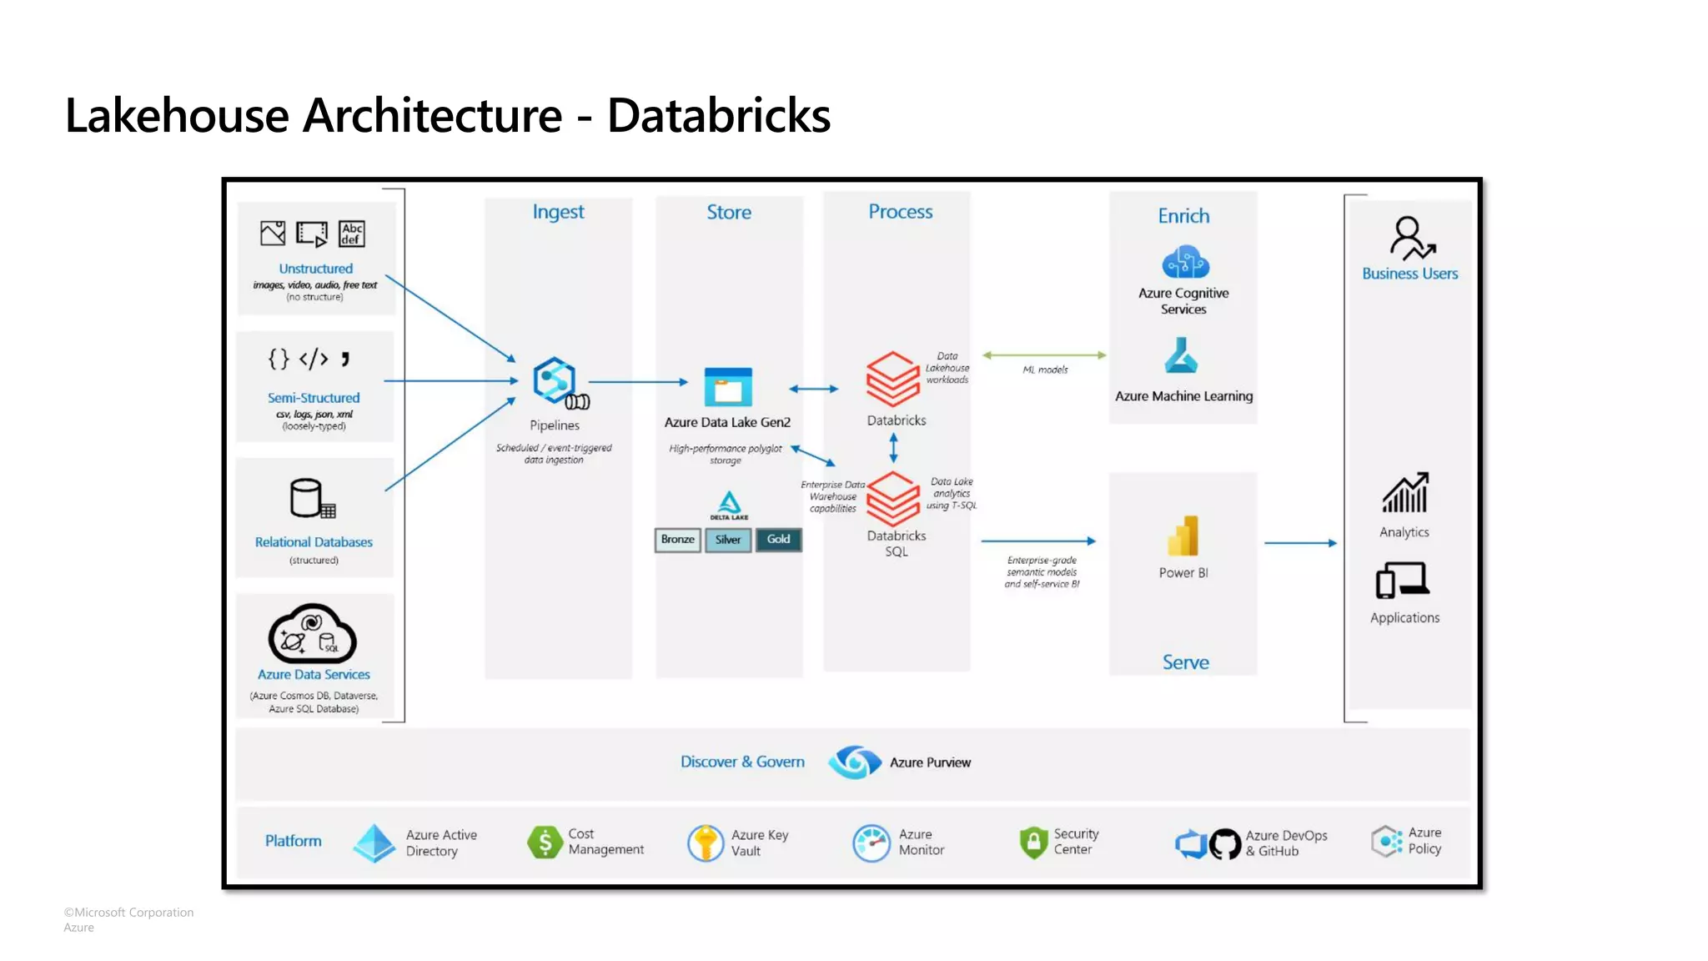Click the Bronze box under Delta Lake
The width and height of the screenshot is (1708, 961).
[677, 540]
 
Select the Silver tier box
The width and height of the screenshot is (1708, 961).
[727, 540]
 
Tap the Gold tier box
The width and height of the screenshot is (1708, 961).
[778, 540]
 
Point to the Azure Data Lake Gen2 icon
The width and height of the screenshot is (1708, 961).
[728, 387]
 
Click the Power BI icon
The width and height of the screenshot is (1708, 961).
[1183, 536]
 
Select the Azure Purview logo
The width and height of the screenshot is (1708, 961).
[854, 762]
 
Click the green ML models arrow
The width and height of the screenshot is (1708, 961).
[1044, 355]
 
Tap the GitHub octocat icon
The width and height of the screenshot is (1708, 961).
[1225, 844]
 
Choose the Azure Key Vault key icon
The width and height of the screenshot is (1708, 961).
[706, 843]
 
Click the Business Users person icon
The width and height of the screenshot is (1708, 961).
[1410, 238]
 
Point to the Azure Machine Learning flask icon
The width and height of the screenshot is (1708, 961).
[1182, 356]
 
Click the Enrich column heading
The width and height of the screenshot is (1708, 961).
[1183, 216]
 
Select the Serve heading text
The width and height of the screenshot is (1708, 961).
[1185, 662]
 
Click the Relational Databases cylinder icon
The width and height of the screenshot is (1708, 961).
[310, 499]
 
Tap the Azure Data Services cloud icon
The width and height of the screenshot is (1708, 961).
[312, 634]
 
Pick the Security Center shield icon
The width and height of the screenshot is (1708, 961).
[1033, 843]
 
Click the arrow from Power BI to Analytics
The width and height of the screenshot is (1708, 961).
[1300, 543]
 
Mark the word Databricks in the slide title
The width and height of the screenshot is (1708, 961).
[718, 115]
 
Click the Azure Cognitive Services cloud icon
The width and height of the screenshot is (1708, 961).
[1185, 262]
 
